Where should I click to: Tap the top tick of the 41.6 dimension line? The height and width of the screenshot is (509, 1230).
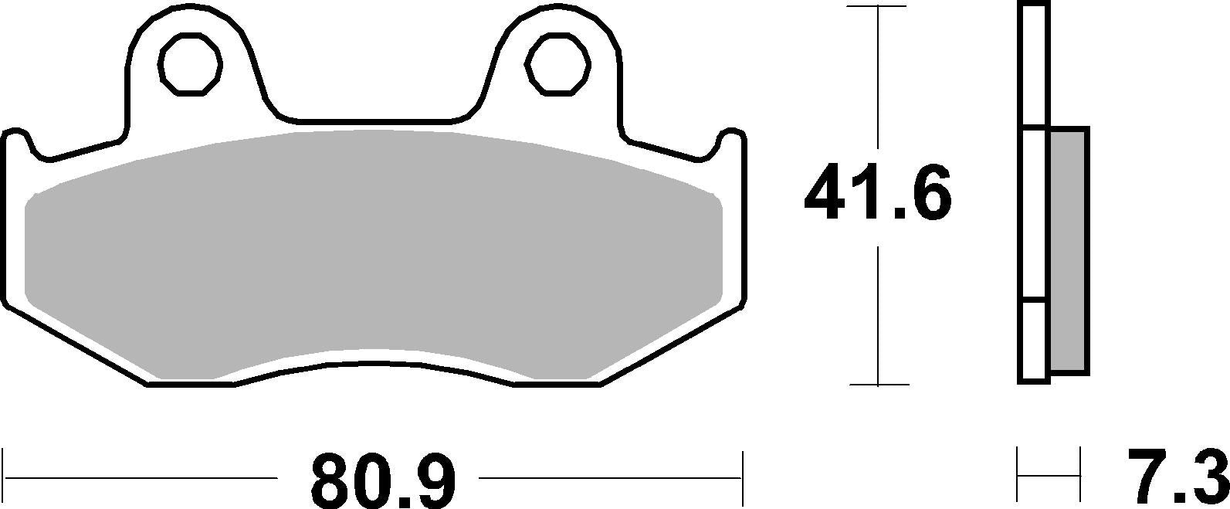pyautogui.click(x=878, y=6)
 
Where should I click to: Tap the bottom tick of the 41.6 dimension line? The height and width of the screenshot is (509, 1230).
pyautogui.click(x=878, y=384)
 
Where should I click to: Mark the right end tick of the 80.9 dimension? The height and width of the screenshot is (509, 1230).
pyautogui.click(x=742, y=478)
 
